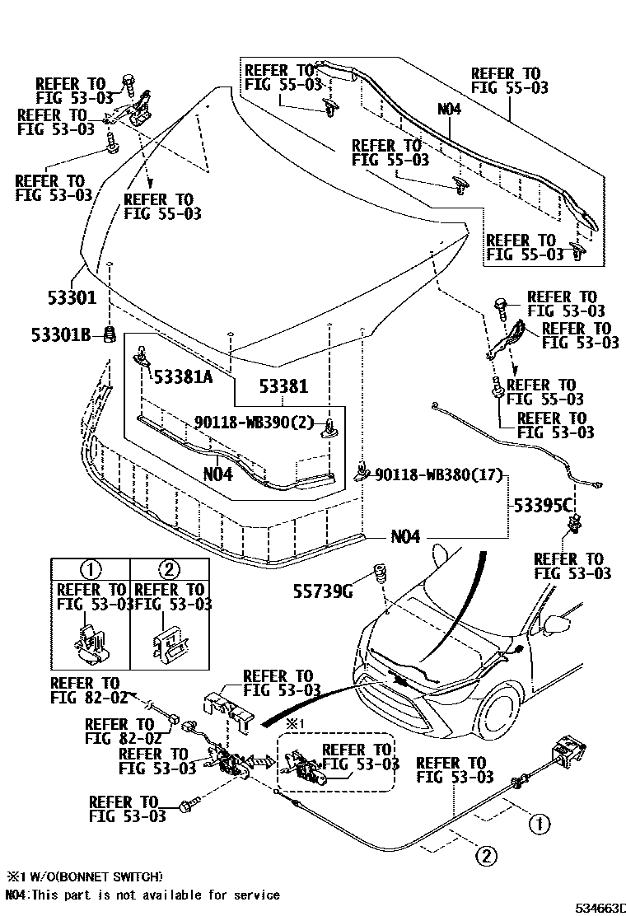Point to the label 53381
283,386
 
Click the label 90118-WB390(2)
255,423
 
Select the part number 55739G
324,590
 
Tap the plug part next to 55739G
381,571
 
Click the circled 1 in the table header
90,569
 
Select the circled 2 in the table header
168,569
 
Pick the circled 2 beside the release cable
485,856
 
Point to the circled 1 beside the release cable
536,822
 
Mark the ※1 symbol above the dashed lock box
296,723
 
